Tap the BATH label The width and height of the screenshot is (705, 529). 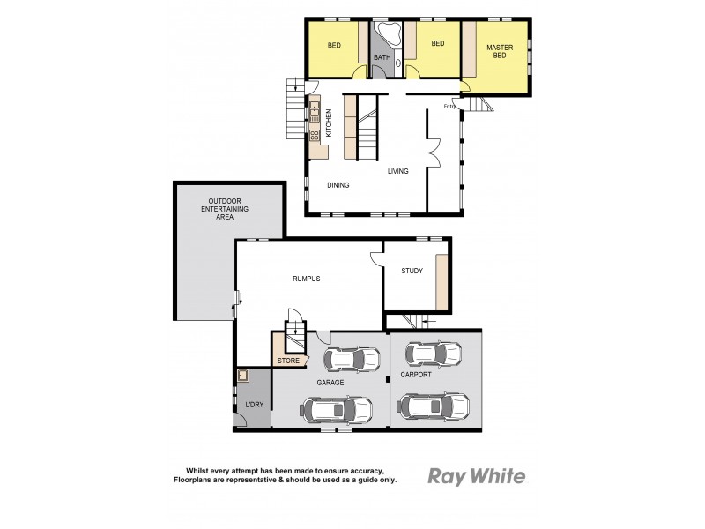[x=382, y=58]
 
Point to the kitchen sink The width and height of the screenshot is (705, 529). [x=314, y=109]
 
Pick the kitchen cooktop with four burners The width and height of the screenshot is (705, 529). [x=314, y=136]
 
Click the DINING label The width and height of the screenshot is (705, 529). [x=338, y=185]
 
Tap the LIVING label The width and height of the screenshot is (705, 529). [x=398, y=171]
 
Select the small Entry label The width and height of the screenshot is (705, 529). [x=449, y=107]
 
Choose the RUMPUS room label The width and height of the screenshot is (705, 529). [x=305, y=279]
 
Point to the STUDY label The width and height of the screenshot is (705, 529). [x=412, y=272]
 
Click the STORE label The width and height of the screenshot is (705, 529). [x=288, y=361]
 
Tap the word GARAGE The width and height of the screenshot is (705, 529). [x=330, y=383]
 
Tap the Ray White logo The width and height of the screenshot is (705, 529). [x=476, y=477]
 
